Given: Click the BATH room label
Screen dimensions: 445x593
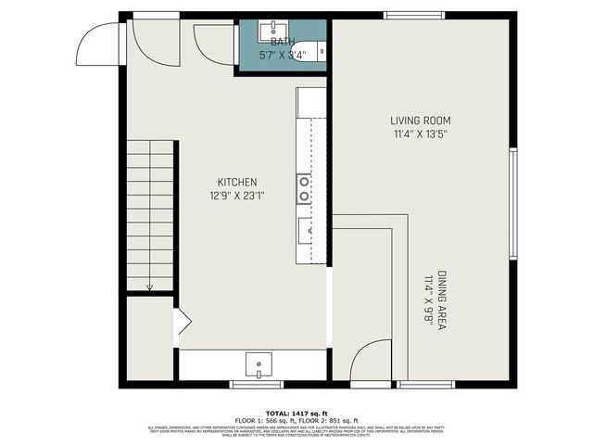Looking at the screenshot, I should (x=282, y=43).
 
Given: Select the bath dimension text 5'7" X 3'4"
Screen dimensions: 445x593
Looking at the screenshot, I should (x=282, y=54).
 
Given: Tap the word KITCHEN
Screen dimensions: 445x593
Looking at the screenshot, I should (x=237, y=183).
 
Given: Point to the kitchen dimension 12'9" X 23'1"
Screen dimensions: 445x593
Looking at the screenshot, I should (x=237, y=195).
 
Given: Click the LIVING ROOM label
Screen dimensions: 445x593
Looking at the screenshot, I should (x=420, y=121).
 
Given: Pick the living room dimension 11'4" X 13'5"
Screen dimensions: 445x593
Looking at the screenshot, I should (x=420, y=133).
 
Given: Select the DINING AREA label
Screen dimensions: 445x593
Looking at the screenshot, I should (x=443, y=301).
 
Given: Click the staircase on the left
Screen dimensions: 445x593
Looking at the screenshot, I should (x=150, y=215).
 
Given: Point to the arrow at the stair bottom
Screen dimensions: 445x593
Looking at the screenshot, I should (x=150, y=287).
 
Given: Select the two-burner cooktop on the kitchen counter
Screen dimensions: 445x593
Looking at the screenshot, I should (x=304, y=188).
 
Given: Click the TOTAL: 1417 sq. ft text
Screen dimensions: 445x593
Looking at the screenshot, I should (x=296, y=413).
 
